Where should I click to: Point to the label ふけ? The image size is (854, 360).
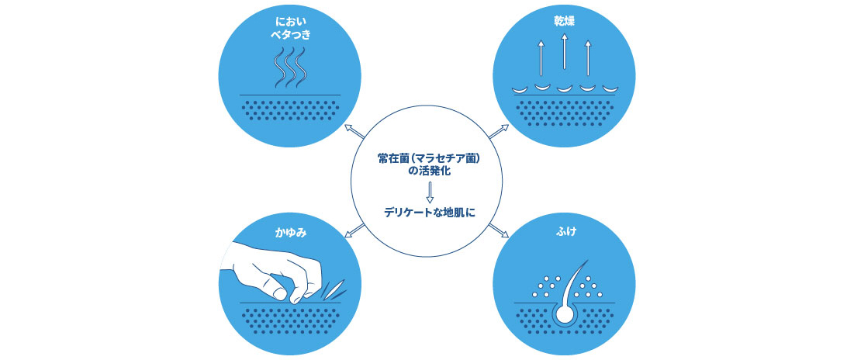click(564, 231)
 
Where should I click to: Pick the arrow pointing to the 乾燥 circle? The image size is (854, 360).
click(498, 132)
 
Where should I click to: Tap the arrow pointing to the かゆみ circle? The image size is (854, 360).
click(355, 229)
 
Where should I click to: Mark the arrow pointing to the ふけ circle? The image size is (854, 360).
click(498, 230)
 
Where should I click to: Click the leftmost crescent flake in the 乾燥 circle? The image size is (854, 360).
click(518, 89)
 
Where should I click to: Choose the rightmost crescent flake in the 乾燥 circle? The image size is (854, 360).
click(611, 88)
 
